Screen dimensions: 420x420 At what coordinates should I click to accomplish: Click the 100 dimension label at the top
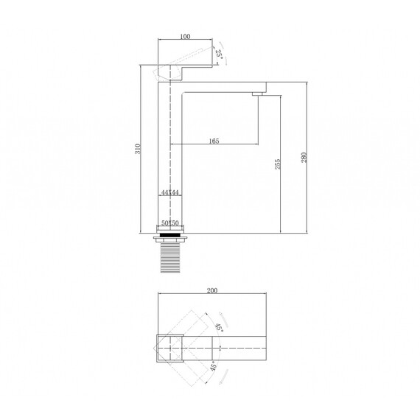(x=185, y=36)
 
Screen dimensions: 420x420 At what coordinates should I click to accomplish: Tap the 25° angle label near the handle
(x=220, y=55)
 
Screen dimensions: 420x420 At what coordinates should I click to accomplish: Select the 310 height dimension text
(x=138, y=149)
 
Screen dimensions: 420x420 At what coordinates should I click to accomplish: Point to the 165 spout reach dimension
(x=214, y=141)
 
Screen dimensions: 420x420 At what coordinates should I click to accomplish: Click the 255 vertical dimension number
(x=278, y=164)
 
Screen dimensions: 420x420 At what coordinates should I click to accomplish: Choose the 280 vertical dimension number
(x=304, y=158)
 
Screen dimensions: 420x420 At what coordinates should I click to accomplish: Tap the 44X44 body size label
(x=170, y=192)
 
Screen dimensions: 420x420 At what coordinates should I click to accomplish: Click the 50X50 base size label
(x=170, y=223)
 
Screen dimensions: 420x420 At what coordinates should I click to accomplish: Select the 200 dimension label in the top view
(x=212, y=290)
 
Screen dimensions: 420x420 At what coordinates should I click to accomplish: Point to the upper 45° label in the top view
(x=219, y=327)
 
